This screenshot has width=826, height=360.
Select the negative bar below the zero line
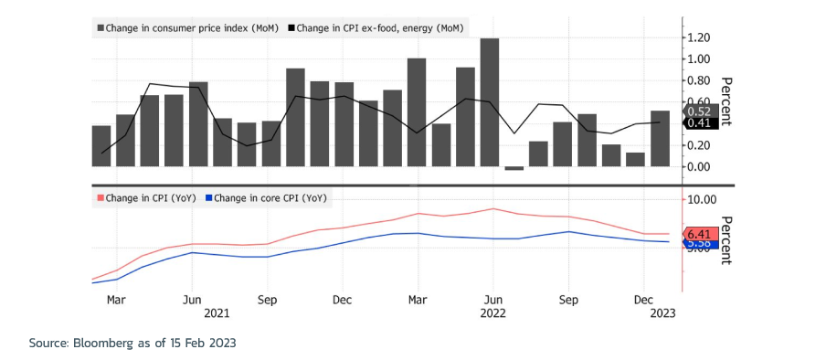point(514,168)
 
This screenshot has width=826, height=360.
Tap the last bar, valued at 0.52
point(660,139)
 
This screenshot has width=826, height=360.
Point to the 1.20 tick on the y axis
point(698,37)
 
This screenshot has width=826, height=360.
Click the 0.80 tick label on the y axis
point(698,80)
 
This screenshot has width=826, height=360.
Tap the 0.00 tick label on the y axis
point(698,166)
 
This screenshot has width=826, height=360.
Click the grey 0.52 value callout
point(700,111)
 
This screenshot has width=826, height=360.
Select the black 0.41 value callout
point(700,123)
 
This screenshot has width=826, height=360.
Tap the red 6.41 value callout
point(700,234)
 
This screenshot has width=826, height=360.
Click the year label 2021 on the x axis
point(217,312)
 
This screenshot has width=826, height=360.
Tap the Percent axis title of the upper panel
point(726,101)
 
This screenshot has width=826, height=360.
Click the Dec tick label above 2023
point(644,299)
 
